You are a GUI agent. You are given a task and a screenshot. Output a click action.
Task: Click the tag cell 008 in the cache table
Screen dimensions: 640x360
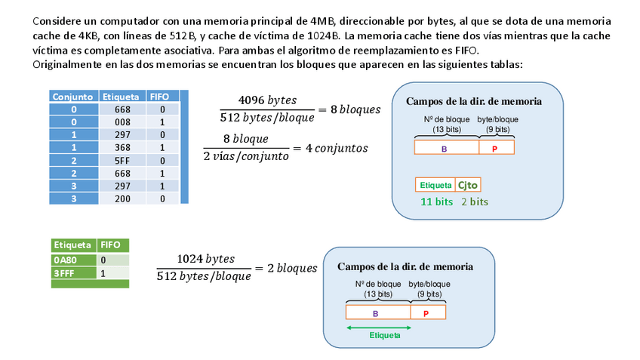[x=123, y=122]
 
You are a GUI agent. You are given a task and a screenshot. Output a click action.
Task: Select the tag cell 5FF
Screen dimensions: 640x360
[x=123, y=160]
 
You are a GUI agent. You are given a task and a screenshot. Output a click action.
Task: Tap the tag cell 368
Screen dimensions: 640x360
[x=123, y=147]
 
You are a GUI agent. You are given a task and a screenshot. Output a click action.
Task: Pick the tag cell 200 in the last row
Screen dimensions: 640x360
[x=123, y=198]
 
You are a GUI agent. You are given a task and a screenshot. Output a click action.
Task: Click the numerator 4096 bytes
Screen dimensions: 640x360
[x=267, y=100]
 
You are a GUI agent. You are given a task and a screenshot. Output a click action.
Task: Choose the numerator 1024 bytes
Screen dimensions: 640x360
[x=205, y=260]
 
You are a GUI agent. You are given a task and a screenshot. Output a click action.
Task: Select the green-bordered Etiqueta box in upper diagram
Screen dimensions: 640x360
[x=435, y=185]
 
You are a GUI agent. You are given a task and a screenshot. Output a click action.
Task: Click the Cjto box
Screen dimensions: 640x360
[x=469, y=185]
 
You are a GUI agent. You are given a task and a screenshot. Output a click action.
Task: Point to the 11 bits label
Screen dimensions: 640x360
[x=437, y=202]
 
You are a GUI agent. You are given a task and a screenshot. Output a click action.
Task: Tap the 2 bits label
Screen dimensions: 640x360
[x=475, y=202]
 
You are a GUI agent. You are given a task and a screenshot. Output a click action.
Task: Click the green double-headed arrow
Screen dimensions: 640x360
[x=378, y=327]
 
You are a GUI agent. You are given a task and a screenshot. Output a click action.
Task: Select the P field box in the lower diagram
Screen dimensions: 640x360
[x=427, y=312]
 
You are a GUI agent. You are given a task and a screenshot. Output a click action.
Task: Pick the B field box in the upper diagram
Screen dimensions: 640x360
[x=446, y=147]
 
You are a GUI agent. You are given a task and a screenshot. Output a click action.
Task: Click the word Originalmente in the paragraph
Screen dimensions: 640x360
[x=68, y=65]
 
